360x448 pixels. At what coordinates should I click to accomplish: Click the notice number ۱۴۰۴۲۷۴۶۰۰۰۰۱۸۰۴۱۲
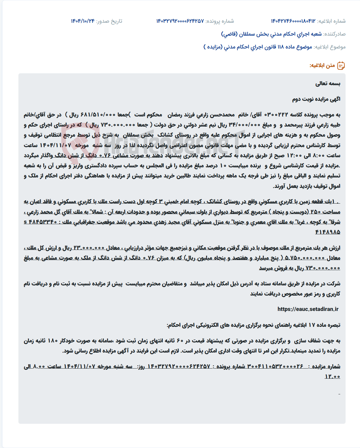click(293, 21)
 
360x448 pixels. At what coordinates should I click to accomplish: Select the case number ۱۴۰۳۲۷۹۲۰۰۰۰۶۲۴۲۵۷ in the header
click(180, 21)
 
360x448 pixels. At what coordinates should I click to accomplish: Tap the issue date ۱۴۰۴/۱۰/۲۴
click(83, 21)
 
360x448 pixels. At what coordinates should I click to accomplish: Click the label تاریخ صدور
click(109, 21)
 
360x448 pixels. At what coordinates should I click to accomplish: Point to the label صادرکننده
click(335, 34)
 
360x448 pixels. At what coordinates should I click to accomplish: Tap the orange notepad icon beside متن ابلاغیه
click(341, 66)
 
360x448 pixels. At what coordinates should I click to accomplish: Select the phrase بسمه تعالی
click(328, 84)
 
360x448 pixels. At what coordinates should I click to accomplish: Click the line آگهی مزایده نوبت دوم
click(316, 99)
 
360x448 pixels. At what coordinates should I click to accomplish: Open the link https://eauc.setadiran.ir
click(308, 309)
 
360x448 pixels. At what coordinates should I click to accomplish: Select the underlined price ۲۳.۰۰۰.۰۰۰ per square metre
click(89, 248)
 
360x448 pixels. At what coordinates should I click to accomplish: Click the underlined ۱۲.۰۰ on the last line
click(332, 377)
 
